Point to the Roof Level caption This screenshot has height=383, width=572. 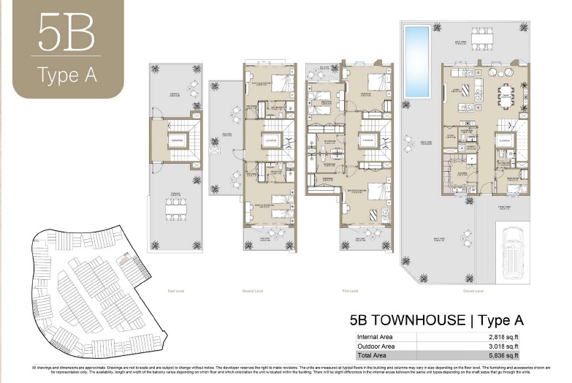(x=176, y=290)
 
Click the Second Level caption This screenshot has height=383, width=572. (x=252, y=290)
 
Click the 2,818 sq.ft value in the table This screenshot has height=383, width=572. (x=508, y=337)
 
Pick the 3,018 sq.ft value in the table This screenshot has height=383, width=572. (x=508, y=346)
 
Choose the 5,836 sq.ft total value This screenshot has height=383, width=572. (x=508, y=355)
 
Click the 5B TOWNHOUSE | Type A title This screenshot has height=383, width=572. (x=436, y=320)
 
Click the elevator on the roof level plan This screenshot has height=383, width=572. (x=176, y=139)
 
